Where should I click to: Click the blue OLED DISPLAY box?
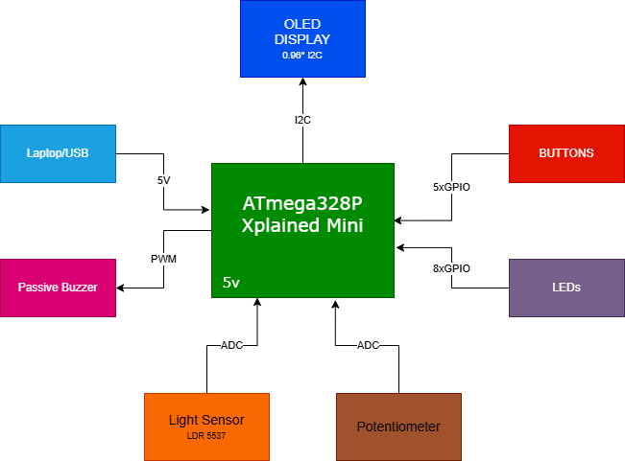click(x=303, y=38)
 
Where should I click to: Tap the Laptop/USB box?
click(x=59, y=153)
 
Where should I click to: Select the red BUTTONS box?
click(x=566, y=153)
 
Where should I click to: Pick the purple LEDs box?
click(x=566, y=288)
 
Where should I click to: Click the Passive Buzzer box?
click(x=59, y=288)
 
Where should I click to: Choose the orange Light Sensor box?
click(x=206, y=426)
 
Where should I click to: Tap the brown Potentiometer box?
click(x=399, y=426)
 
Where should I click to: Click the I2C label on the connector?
click(x=303, y=120)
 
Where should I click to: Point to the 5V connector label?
click(x=164, y=180)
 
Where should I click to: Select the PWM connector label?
click(x=164, y=259)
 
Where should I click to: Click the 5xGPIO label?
click(x=451, y=187)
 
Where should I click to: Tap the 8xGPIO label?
click(x=451, y=268)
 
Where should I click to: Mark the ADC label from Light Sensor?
click(x=232, y=345)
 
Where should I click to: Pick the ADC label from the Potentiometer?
click(x=368, y=345)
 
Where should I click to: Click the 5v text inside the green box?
click(x=231, y=282)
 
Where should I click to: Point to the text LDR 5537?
click(x=206, y=436)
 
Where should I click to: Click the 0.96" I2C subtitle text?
click(x=302, y=56)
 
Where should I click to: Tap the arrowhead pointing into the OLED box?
click(x=303, y=81)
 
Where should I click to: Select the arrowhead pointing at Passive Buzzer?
click(x=120, y=288)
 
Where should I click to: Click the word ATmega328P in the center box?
click(x=302, y=203)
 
